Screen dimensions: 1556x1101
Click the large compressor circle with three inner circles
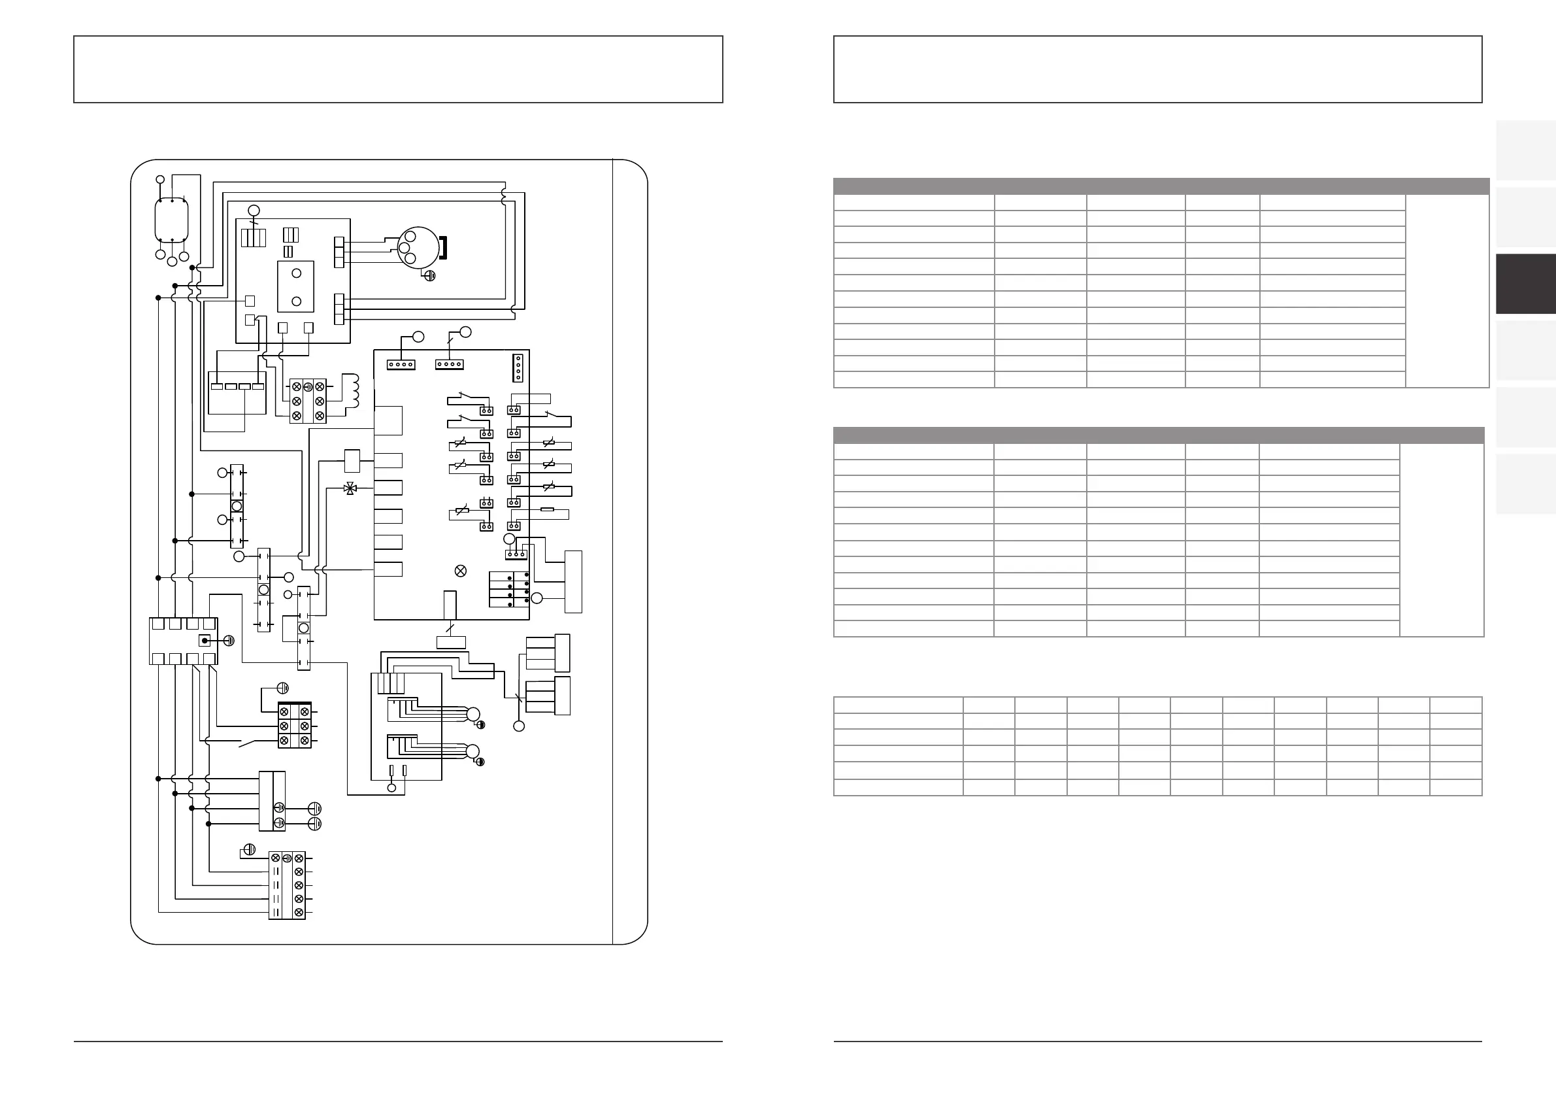tap(418, 247)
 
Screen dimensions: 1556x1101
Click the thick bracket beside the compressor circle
tap(443, 247)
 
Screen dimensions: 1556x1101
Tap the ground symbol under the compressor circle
tap(428, 275)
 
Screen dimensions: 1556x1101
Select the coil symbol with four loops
tap(353, 391)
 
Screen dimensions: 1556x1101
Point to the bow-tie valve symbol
tap(350, 488)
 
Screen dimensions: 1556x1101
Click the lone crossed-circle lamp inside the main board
tap(460, 571)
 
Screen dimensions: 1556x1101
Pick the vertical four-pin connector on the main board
tap(518, 367)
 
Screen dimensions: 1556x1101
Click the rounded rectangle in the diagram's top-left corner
tap(171, 220)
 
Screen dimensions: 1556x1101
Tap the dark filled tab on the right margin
tap(1525, 283)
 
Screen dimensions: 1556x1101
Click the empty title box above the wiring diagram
tap(398, 69)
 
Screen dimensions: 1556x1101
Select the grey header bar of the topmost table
tap(1160, 186)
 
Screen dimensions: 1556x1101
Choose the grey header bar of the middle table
tap(1158, 435)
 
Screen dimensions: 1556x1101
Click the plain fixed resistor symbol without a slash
tap(548, 509)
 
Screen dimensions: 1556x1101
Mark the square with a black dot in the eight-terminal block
tap(205, 641)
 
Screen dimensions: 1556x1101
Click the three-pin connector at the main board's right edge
tap(516, 554)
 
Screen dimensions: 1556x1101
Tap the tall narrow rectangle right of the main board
tap(573, 582)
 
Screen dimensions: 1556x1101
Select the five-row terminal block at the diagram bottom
tap(287, 885)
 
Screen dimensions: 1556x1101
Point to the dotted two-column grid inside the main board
tap(509, 589)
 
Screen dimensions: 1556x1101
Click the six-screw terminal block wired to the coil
tap(308, 401)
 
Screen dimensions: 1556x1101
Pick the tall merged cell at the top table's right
tap(1446, 291)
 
